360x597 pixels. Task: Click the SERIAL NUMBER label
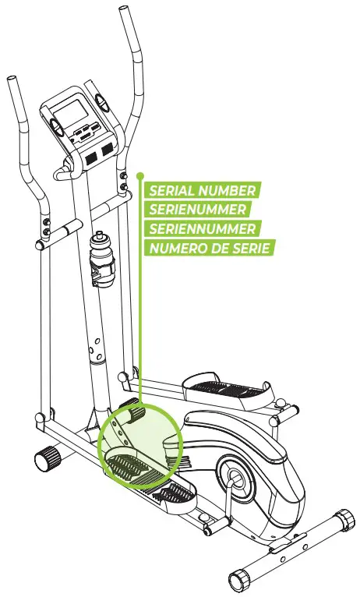[201, 190]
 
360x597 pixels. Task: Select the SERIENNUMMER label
[202, 228]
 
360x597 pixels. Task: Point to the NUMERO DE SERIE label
[208, 248]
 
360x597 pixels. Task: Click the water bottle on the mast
[101, 249]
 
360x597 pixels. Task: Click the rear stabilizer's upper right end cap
[342, 519]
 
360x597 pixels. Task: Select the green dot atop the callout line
[140, 175]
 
